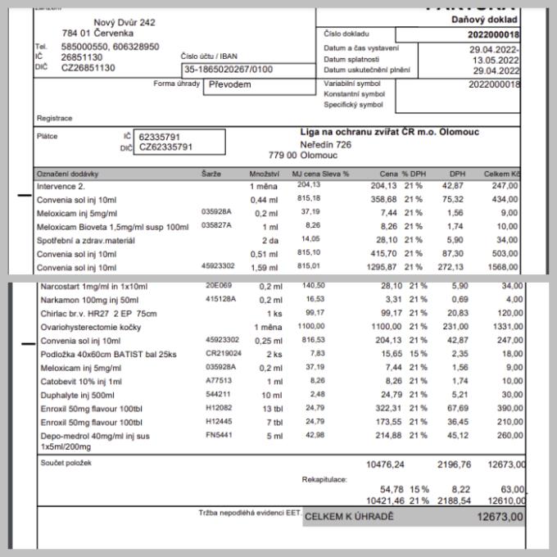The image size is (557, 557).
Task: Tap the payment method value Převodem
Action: coord(228,84)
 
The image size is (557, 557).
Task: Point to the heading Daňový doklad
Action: coord(484,19)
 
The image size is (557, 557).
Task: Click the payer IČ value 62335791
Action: coord(161,136)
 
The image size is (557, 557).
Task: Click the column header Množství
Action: coord(265,174)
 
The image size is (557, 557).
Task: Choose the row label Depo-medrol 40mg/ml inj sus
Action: coord(96,436)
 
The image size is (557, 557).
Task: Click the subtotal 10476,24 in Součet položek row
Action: coord(384,464)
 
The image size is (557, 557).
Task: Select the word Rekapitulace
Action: coord(324,479)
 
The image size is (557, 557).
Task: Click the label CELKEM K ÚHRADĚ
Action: coord(349,517)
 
